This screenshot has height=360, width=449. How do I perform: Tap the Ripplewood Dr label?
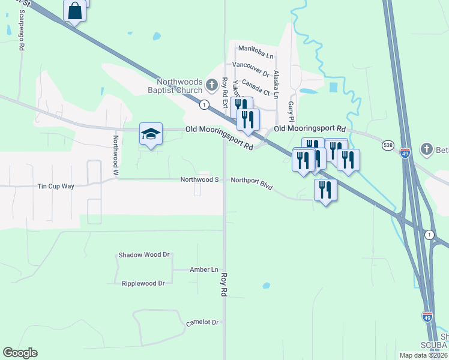143,283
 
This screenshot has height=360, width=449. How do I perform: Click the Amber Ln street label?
204,270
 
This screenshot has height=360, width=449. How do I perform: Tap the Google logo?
20,353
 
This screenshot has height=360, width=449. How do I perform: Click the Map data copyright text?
423,355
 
